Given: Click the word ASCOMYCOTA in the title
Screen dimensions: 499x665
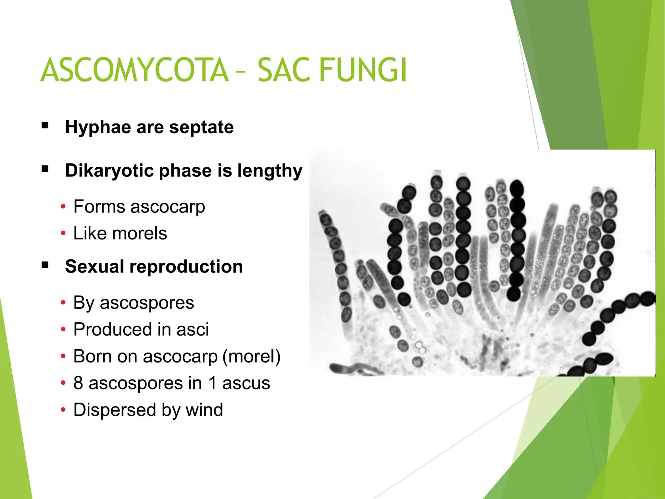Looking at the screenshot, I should pos(134,70).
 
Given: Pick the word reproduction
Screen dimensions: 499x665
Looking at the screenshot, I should pos(186,267).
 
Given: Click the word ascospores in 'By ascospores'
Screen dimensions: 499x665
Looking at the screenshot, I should pos(147,303).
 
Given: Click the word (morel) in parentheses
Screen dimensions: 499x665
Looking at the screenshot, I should pos(251,356).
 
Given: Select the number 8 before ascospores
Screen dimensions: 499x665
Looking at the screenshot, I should pos(78,383).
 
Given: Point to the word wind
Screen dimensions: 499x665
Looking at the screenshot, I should pos(204,410).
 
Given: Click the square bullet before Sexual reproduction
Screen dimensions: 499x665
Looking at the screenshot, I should pos(45,265).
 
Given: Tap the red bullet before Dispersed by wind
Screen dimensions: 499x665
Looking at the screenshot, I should pos(63,410).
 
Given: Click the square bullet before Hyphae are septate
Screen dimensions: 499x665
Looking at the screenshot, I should pos(45,126).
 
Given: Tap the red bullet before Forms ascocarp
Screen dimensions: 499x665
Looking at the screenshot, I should pos(63,207).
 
